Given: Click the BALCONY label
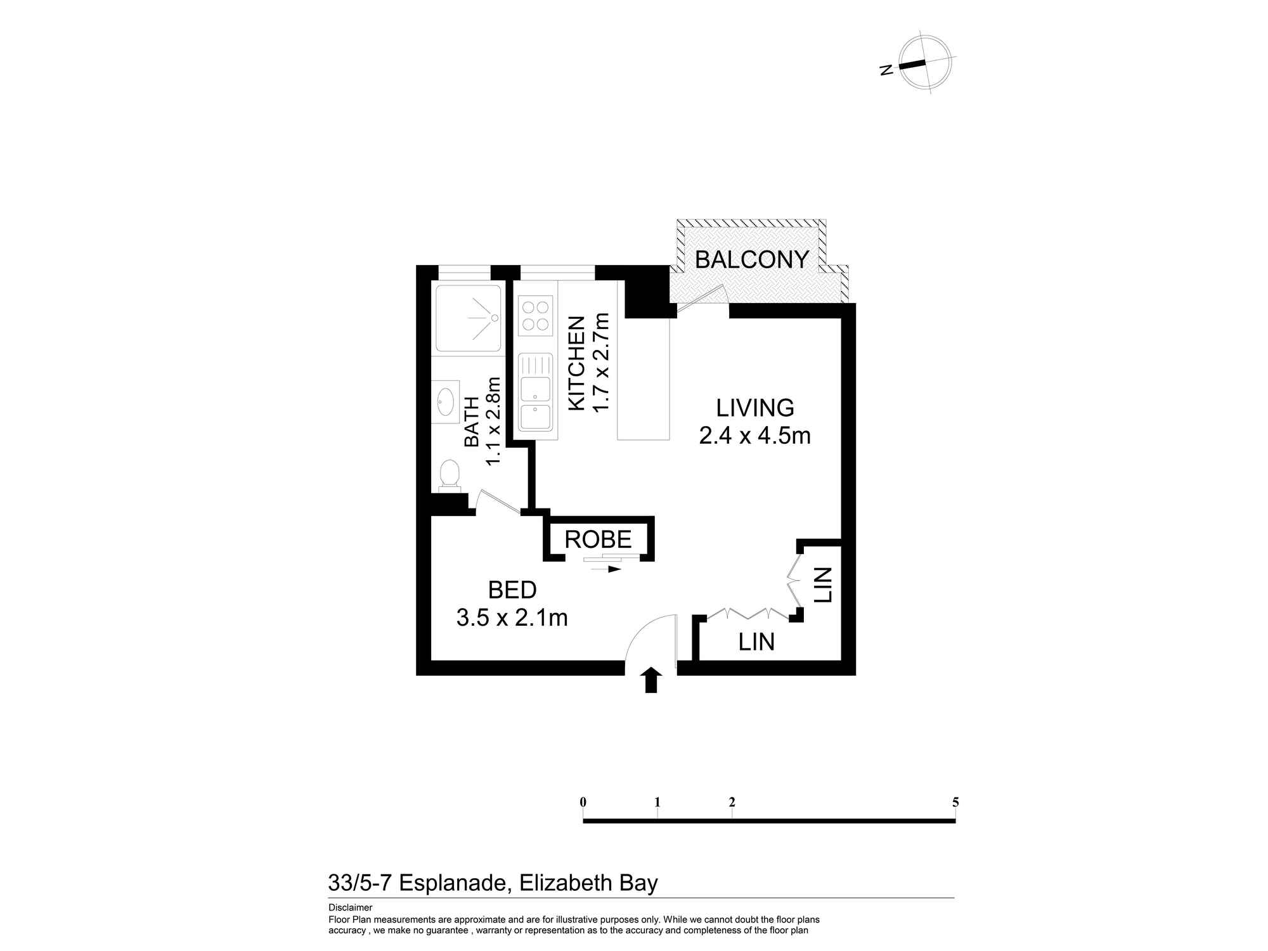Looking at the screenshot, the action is (x=752, y=259).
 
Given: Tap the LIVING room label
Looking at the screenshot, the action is (x=755, y=408).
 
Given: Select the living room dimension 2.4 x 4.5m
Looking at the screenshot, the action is (x=755, y=436).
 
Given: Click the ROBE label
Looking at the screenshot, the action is (x=598, y=540).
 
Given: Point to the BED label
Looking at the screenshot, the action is (x=512, y=590).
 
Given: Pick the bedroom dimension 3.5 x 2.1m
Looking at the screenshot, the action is (x=512, y=618).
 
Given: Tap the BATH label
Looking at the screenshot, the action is (x=472, y=422).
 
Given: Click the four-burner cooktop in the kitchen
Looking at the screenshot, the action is (x=534, y=316).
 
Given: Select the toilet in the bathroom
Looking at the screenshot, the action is (x=450, y=475).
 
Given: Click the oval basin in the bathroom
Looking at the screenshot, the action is (x=446, y=401).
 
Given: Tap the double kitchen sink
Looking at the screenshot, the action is (x=535, y=392).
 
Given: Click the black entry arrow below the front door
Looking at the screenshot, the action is (x=651, y=680).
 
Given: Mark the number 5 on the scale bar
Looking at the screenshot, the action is (x=955, y=802).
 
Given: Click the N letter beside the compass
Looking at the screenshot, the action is (x=887, y=70).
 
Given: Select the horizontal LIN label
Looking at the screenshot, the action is (x=756, y=642).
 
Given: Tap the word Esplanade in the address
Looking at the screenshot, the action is (x=455, y=883).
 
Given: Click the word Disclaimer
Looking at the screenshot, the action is (x=350, y=908).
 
